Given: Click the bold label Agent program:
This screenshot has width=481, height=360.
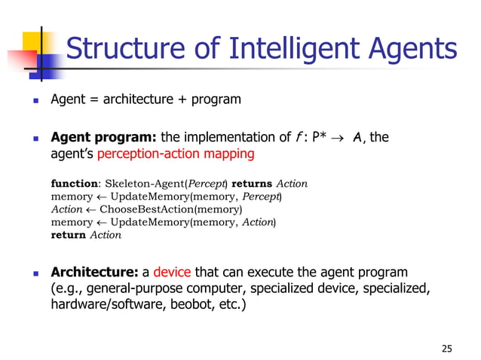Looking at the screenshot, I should click(x=103, y=137).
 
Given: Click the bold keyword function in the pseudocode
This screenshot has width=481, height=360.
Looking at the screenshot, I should click(x=74, y=184).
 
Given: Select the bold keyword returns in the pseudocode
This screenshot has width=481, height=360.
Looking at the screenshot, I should click(x=253, y=184).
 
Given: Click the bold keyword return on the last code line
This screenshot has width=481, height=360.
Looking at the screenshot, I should click(x=68, y=235).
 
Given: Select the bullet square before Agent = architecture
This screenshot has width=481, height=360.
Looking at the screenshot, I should click(x=34, y=99).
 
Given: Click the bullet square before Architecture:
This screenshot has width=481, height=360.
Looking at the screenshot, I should click(x=34, y=273).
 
